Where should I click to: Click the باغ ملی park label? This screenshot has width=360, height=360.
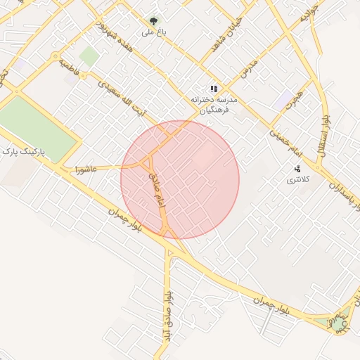coord(152,32)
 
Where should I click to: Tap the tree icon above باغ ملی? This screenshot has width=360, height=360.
coord(153,20)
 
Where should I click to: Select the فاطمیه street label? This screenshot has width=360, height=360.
coord(69,67)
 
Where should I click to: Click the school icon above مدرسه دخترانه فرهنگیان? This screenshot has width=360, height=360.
coord(214,89)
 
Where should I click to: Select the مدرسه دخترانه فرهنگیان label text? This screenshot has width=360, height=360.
coord(214,105)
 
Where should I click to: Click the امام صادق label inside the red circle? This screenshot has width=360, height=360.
coord(156,191)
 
